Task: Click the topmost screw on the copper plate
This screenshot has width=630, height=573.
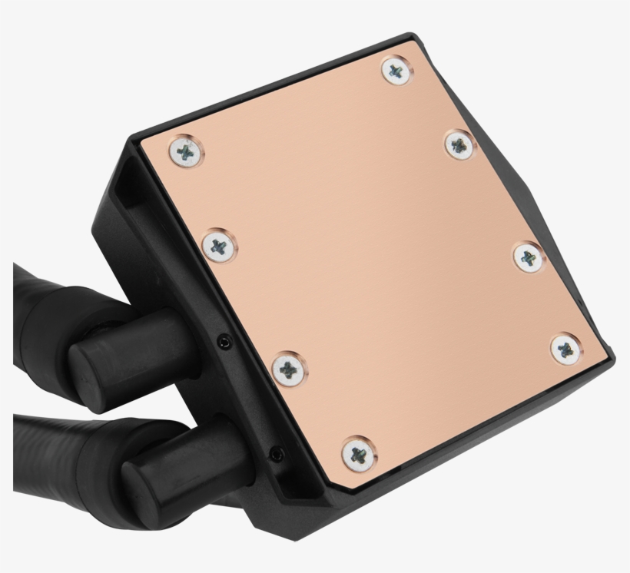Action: pyautogui.click(x=395, y=71)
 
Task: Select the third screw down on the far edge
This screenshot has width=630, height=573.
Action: pyautogui.click(x=528, y=256)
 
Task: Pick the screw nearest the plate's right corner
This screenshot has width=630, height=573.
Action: pyautogui.click(x=566, y=348)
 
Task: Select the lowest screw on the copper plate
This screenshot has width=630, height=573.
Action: pyautogui.click(x=358, y=452)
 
